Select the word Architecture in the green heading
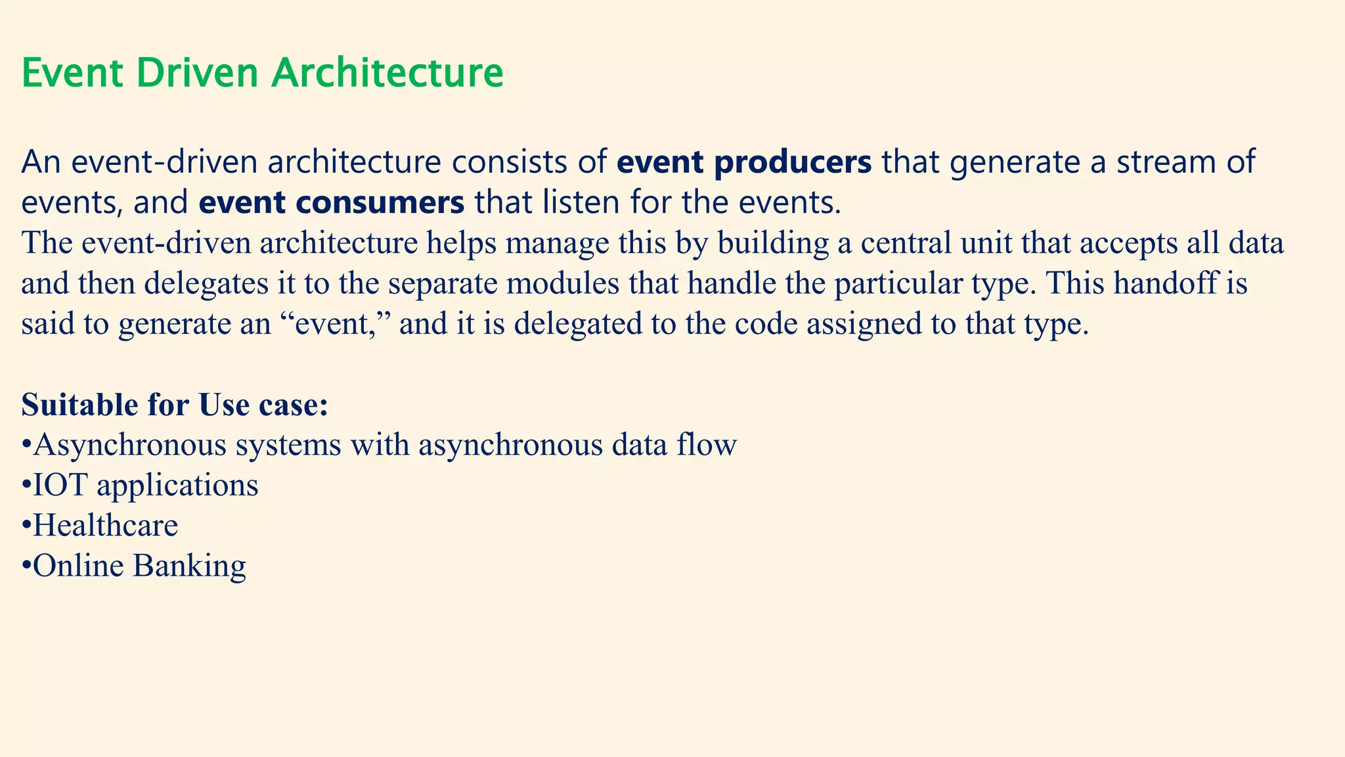point(387,73)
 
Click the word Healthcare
point(106,526)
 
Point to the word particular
point(898,284)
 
